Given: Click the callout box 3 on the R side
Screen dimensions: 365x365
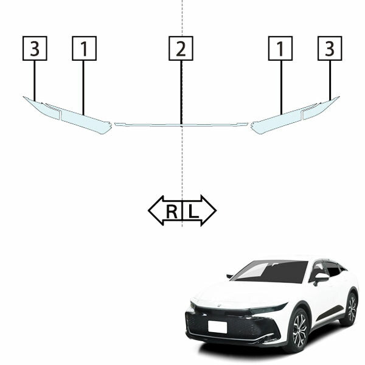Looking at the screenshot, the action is point(35,49).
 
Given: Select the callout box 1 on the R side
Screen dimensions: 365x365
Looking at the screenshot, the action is point(85,49).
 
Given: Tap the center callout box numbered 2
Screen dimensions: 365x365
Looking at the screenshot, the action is point(181,49).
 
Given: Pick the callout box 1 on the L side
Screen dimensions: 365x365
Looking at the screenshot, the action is point(280,49).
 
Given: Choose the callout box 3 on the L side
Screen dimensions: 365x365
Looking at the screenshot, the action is point(330,49).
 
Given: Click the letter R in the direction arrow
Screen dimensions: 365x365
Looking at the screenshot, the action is point(172,211).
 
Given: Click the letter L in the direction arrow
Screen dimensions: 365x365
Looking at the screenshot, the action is point(193,211).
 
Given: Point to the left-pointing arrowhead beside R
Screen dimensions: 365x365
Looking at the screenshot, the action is point(156,210).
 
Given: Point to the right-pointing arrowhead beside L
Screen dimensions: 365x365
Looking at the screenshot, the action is point(209,210).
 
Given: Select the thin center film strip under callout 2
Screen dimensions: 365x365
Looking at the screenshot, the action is point(181,125).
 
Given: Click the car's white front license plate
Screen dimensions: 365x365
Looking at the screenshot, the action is point(217,327).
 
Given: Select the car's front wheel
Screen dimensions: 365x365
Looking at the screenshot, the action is point(299,331).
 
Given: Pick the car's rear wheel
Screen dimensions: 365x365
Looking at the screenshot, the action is point(352,308).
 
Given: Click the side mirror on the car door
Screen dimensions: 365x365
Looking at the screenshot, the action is point(321,278).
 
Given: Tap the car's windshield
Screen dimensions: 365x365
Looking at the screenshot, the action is point(270,271).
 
